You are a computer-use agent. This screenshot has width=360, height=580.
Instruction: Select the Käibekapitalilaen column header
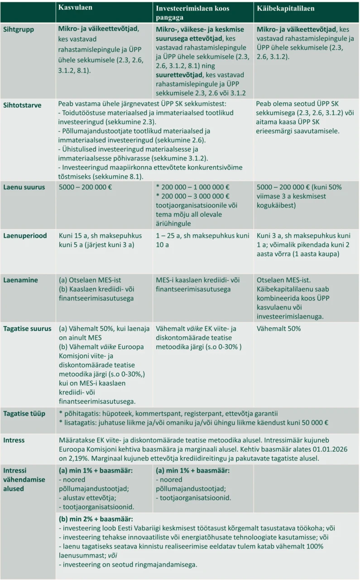(x=285, y=9)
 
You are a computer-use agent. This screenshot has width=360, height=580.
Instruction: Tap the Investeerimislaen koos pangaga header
(x=193, y=13)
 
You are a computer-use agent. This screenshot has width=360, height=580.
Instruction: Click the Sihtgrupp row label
(x=19, y=29)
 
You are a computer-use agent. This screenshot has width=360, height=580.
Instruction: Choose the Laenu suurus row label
(x=24, y=187)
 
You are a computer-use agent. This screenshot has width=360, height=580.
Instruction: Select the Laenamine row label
(x=20, y=280)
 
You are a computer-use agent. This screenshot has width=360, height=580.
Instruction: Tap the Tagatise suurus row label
(x=27, y=329)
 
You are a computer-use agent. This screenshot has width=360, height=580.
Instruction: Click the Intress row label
(x=14, y=440)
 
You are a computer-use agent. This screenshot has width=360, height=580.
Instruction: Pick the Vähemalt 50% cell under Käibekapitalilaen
(x=278, y=329)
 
